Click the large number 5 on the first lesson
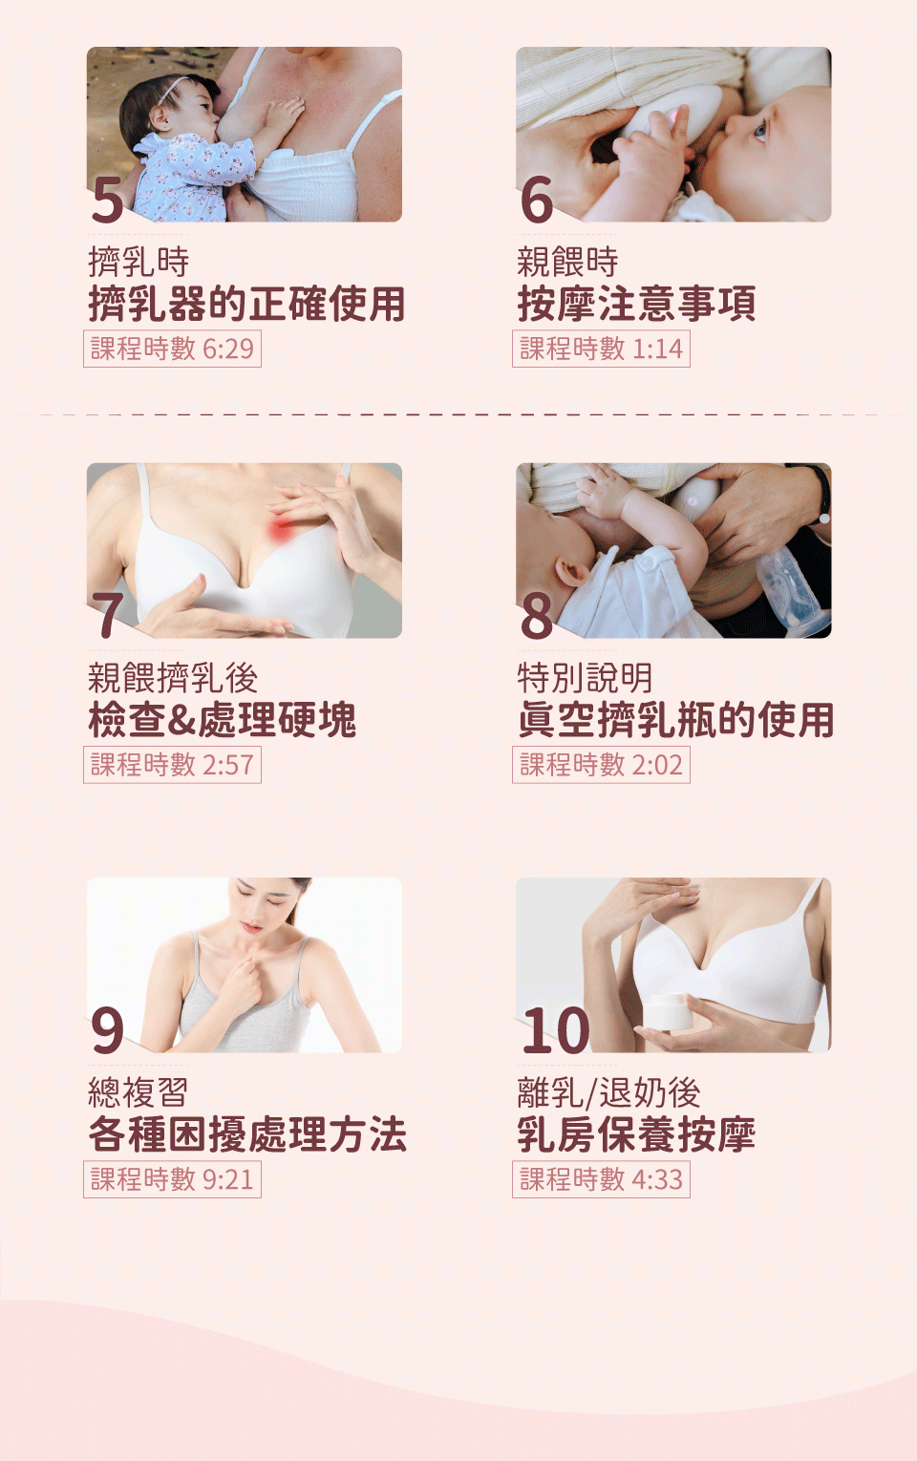click(108, 200)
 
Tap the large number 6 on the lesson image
click(537, 200)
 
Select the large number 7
click(108, 615)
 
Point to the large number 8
click(537, 615)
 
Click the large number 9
click(108, 1030)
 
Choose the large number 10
click(556, 1030)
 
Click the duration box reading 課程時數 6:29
click(172, 349)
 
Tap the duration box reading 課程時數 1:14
click(601, 349)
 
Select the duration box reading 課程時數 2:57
click(172, 765)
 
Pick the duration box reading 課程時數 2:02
click(601, 765)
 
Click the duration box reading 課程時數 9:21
click(172, 1179)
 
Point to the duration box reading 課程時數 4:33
click(601, 1179)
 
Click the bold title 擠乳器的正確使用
click(246, 304)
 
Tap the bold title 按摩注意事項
click(636, 304)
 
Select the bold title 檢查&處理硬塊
click(223, 720)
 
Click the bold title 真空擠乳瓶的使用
click(675, 720)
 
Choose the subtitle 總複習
click(139, 1092)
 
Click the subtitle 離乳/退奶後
click(608, 1092)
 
